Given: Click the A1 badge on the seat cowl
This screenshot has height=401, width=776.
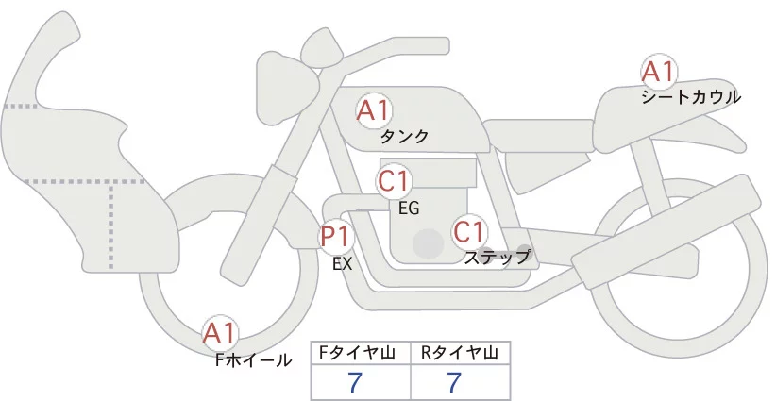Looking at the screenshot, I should point(657,72).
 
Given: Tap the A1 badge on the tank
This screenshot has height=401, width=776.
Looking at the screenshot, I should point(373,110).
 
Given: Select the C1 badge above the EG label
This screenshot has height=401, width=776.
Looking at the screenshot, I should point(394,180).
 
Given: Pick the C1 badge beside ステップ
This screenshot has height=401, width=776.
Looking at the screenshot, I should point(469,231).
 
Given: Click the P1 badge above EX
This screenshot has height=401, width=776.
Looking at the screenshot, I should point(336,235).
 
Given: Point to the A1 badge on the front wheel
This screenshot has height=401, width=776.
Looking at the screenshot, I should point(220,333).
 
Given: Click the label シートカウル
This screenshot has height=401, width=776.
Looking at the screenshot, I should point(690,96).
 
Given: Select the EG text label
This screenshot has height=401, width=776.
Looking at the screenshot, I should point(409,207).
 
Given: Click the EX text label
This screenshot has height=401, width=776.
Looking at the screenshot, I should point(342,264).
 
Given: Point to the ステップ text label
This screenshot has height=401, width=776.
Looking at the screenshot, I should point(497,257).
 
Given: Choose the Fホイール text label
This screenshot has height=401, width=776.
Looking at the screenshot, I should point(254,359).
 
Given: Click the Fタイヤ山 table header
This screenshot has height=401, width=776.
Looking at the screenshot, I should point(362,353).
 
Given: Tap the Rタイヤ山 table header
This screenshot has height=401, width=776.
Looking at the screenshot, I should point(460,353).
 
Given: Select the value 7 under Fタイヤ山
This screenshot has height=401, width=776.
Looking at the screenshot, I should point(356,383).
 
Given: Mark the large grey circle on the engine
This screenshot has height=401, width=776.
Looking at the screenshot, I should point(428,242).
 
